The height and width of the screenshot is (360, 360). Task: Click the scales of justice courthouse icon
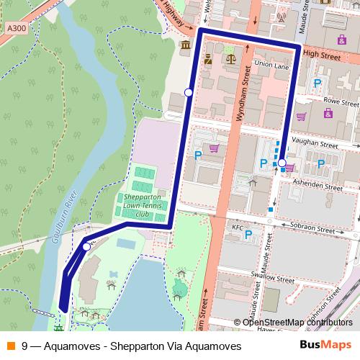point(230,57)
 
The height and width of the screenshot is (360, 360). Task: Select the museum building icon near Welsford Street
point(186,46)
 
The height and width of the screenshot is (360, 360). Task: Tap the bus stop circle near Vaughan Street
point(282,163)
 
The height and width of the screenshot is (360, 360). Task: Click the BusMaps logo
point(325,346)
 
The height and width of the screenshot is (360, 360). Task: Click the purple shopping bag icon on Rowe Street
point(328,114)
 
